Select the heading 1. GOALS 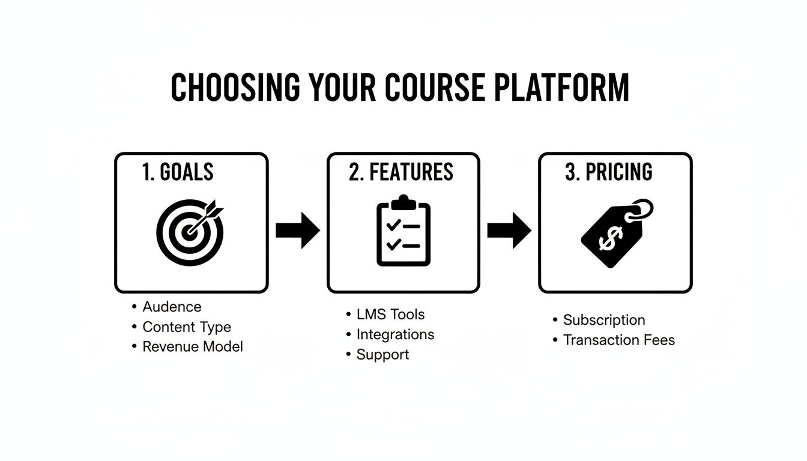coord(178,172)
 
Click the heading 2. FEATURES coord(401,172)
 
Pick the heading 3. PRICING coord(609,172)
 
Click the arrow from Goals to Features coord(298,230)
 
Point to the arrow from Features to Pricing coord(509,230)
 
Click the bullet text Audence coord(172,307)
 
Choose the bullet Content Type coord(186,327)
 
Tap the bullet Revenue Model coord(192,346)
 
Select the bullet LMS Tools coord(390,314)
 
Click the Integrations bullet coord(395,334)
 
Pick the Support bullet coord(382,354)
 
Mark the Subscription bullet coord(604,320)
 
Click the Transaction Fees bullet coord(618,340)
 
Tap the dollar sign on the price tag coord(608,239)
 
